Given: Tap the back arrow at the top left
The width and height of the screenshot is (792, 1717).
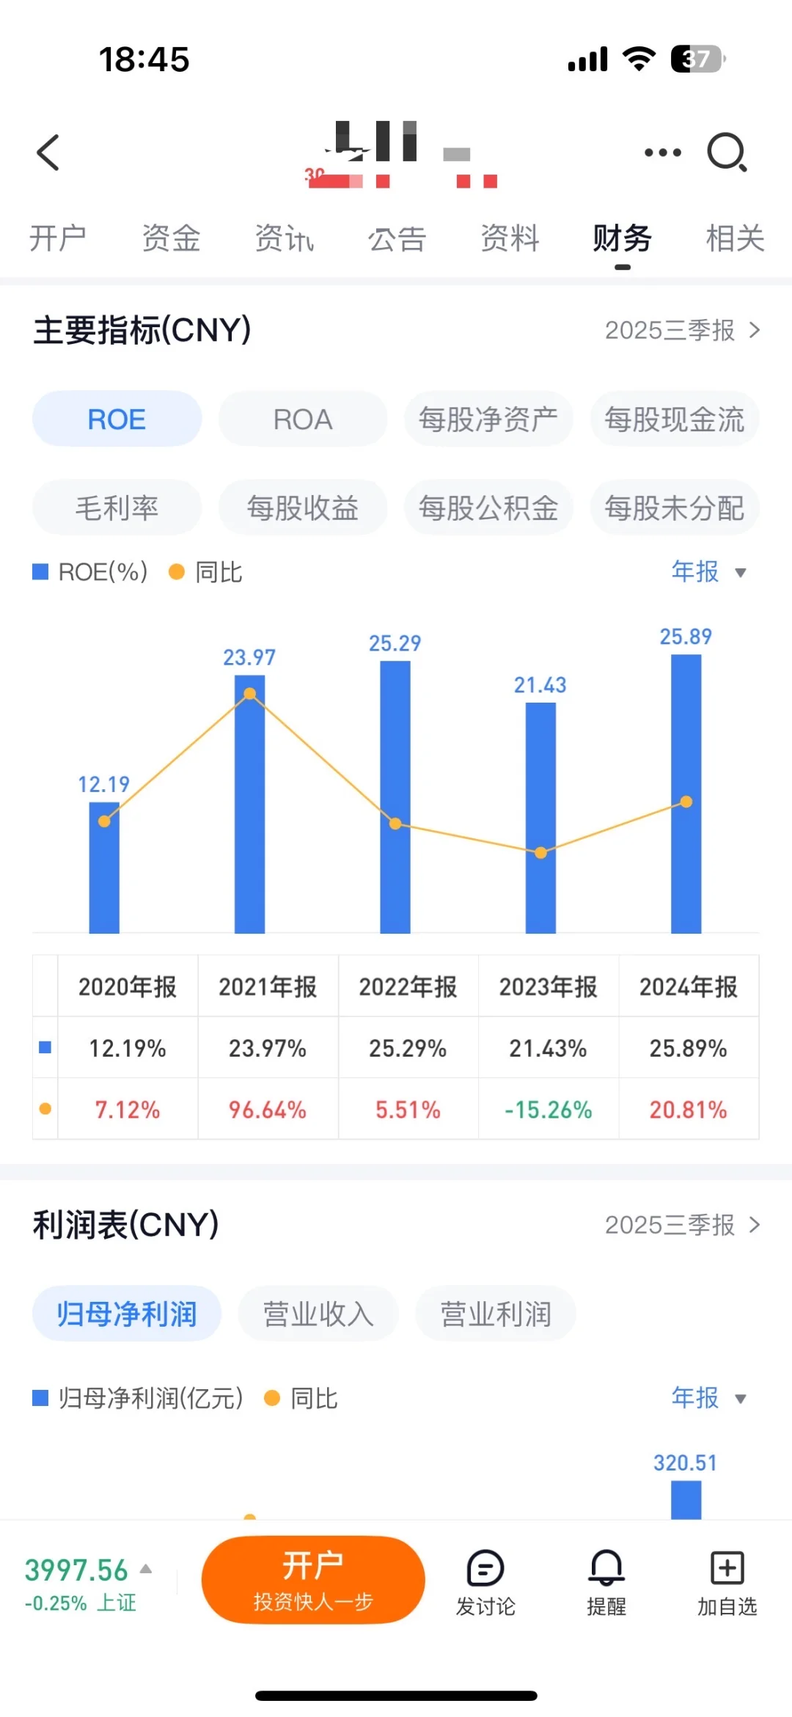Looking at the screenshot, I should [x=48, y=153].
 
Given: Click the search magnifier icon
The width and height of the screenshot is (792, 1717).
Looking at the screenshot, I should [x=726, y=153].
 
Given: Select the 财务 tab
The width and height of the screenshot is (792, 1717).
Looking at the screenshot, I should [x=622, y=239].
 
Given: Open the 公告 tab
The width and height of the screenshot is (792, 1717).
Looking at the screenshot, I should [x=397, y=239].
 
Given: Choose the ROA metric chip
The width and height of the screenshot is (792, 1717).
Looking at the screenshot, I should [x=302, y=420].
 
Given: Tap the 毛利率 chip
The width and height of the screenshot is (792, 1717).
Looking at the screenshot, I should [x=117, y=508].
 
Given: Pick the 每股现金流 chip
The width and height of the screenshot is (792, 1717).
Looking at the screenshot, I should [x=674, y=420].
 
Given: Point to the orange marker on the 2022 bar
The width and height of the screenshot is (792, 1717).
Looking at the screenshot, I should [x=395, y=824].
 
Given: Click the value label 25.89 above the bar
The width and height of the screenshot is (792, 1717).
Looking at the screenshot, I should [x=686, y=637].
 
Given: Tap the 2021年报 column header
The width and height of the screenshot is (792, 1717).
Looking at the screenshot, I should [x=268, y=986].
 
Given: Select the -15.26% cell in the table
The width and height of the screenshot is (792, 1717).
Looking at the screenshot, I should [x=548, y=1109].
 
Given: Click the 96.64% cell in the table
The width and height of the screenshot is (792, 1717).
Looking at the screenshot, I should [x=268, y=1109].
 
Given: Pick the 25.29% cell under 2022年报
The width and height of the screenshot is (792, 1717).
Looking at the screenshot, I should [x=408, y=1048].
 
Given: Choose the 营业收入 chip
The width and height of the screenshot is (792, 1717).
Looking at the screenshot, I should [x=318, y=1314].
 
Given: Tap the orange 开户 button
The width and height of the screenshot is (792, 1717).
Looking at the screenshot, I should [x=313, y=1579].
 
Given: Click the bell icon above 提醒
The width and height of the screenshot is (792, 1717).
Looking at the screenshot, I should [x=606, y=1568].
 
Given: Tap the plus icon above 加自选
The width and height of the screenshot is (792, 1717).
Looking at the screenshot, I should [x=727, y=1568].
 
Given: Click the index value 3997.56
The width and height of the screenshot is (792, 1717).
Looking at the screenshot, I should [x=76, y=1570].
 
